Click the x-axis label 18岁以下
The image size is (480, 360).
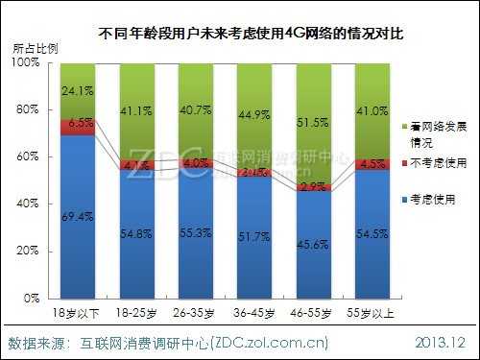coord(77,312)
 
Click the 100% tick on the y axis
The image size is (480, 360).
coord(28,62)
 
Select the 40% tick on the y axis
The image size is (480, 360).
coord(31,204)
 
